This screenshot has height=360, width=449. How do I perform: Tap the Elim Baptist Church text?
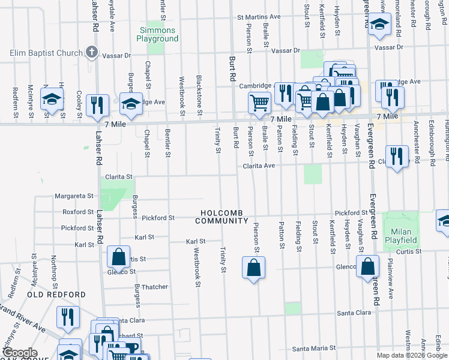(x=46, y=53)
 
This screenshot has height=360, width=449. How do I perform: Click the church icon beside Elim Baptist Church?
(x=92, y=52)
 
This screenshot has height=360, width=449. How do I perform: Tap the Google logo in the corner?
(x=19, y=352)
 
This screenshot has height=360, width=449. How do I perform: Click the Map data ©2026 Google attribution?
(x=412, y=355)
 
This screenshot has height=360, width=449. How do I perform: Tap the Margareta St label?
(x=74, y=196)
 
